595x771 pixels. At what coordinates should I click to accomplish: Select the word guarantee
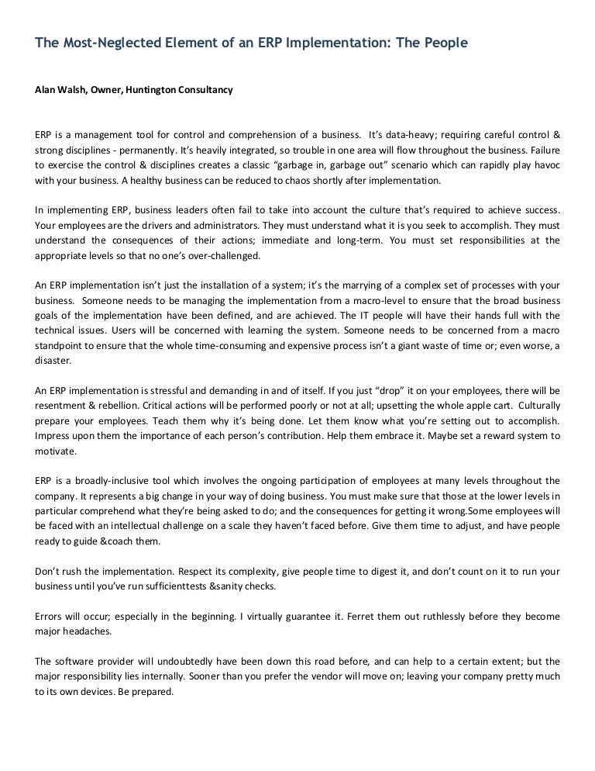point(301,617)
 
